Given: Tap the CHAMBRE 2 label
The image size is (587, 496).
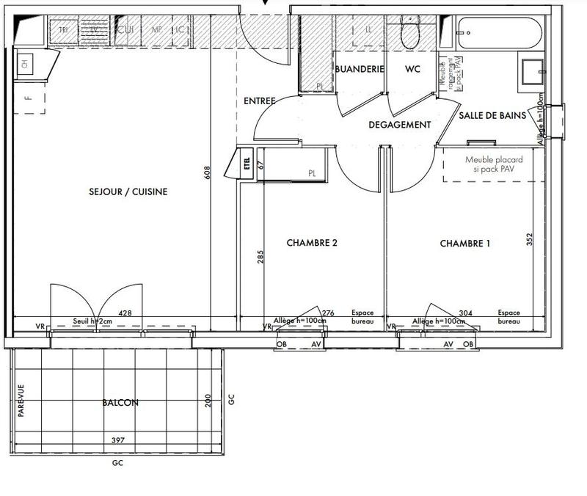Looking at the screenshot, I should pyautogui.click(x=312, y=243).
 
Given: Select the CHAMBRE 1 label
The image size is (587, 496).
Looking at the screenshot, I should pyautogui.click(x=464, y=243).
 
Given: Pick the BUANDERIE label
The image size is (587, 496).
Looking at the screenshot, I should pyautogui.click(x=360, y=69).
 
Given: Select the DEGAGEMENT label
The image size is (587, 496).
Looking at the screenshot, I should pyautogui.click(x=400, y=125).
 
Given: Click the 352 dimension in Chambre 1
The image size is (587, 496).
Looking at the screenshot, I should pyautogui.click(x=529, y=240).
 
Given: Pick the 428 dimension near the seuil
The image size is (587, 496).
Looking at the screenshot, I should pyautogui.click(x=125, y=313).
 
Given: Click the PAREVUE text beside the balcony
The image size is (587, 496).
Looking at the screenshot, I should pyautogui.click(x=21, y=402).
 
